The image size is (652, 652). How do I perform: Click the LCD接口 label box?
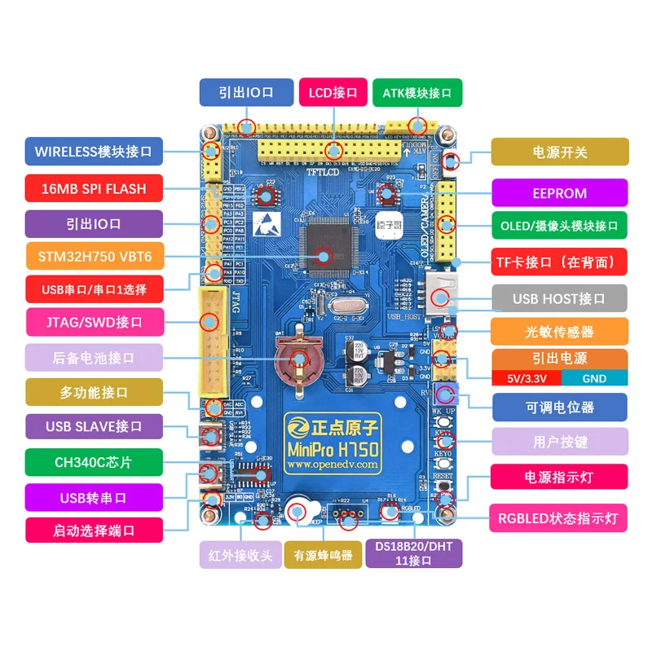pyautogui.click(x=333, y=93)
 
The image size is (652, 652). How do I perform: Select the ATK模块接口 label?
pyautogui.click(x=416, y=93)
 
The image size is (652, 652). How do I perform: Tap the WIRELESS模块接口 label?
pyautogui.click(x=94, y=152)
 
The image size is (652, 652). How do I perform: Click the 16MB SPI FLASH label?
pyautogui.click(x=94, y=188)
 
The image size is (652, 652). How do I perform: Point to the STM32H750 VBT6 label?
pyautogui.click(x=94, y=258)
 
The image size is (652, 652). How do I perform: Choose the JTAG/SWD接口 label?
pyautogui.click(x=94, y=322)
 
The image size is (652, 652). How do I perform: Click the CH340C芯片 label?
pyautogui.click(x=94, y=462)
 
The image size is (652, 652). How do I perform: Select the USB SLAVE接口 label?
pyautogui.click(x=94, y=426)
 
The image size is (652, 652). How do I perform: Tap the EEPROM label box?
pyautogui.click(x=559, y=193)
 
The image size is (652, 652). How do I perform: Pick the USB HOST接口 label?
pyautogui.click(x=559, y=298)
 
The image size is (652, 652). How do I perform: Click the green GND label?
pyautogui.click(x=594, y=378)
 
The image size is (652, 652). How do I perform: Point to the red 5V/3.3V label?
pyautogui.click(x=524, y=378)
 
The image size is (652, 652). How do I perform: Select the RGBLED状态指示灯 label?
pyautogui.click(x=559, y=518)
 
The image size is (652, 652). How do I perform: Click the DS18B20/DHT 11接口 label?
pyautogui.click(x=414, y=553)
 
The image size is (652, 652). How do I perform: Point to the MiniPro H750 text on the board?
pyautogui.click(x=332, y=449)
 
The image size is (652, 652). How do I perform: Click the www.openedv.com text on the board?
pyautogui.click(x=332, y=465)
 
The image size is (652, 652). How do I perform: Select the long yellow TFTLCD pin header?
pyautogui.click(x=331, y=149)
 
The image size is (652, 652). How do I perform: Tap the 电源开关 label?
pyautogui.click(x=559, y=152)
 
